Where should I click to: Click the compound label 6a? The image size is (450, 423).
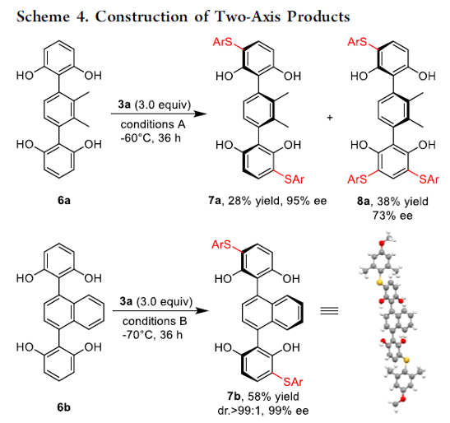tap(63, 200)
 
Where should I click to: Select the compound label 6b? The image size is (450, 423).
tap(63, 407)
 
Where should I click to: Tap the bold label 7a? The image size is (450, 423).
tap(215, 201)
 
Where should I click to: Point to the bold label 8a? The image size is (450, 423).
tap(364, 202)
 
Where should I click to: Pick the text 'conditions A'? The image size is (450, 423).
tap(153, 124)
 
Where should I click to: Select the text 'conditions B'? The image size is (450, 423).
tap(155, 321)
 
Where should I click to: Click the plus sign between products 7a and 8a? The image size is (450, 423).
tap(330, 117)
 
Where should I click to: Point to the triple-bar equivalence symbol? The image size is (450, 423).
tap(329, 311)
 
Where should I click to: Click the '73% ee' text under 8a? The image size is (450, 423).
tap(392, 216)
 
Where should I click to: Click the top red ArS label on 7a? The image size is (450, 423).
tap(222, 42)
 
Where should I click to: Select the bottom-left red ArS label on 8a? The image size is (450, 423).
tap(357, 179)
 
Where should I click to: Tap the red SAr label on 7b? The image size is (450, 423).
tap(293, 382)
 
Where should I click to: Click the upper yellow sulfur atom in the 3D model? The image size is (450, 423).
tap(380, 282)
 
